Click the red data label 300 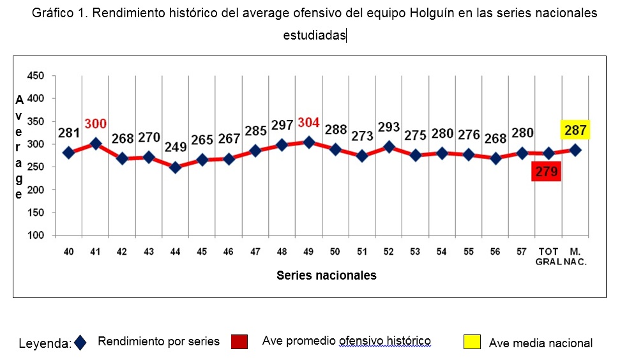96,123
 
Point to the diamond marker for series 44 176,168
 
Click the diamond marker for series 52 389,147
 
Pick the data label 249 176,147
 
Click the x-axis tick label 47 255,251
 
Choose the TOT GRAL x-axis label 548,257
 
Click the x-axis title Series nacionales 326,276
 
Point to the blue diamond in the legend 80,343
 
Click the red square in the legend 239,341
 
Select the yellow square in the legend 473,341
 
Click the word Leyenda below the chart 45,343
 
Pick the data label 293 389,127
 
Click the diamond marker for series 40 69,153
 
